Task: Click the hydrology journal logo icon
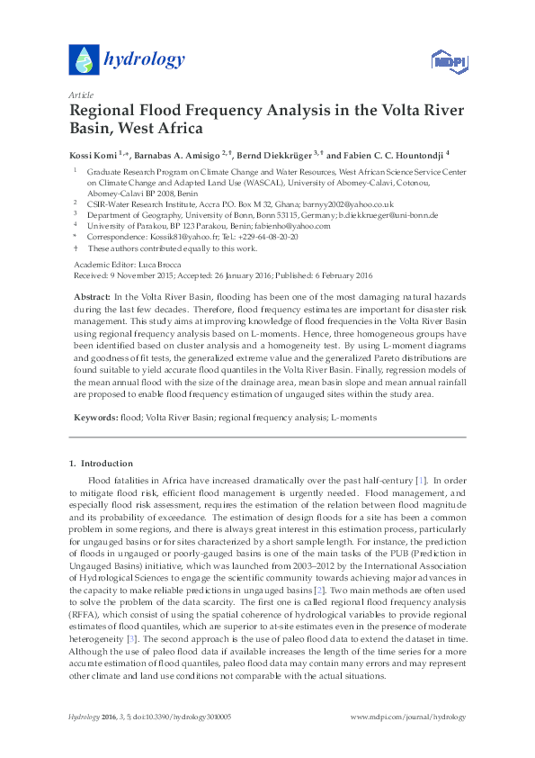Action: [x=83, y=59]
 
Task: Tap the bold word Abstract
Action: [x=90, y=296]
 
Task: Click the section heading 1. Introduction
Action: [x=101, y=464]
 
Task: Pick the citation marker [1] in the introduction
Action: [x=420, y=482]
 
